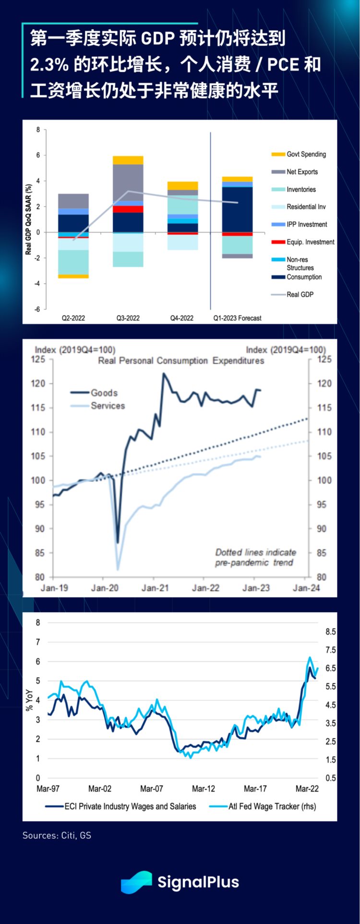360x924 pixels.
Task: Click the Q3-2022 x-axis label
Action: click(x=128, y=318)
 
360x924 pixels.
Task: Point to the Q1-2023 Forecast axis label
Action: click(x=238, y=318)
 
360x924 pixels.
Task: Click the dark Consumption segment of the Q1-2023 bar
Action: click(x=237, y=209)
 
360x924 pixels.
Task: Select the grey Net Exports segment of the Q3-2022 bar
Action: click(x=128, y=182)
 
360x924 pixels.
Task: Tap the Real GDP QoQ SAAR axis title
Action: click(x=29, y=219)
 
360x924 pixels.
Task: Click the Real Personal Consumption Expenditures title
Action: click(x=181, y=361)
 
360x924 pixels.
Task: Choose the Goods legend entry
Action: click(x=104, y=393)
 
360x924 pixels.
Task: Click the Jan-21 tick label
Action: click(x=155, y=588)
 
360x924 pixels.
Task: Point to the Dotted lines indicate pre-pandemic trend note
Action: click(x=255, y=558)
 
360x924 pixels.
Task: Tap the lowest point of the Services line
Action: click(x=118, y=569)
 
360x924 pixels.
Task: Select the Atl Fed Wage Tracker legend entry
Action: click(x=272, y=806)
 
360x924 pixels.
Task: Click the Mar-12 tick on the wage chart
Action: click(x=204, y=788)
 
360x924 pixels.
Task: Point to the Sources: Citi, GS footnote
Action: click(x=57, y=835)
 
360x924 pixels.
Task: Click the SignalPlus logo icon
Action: click(x=136, y=882)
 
